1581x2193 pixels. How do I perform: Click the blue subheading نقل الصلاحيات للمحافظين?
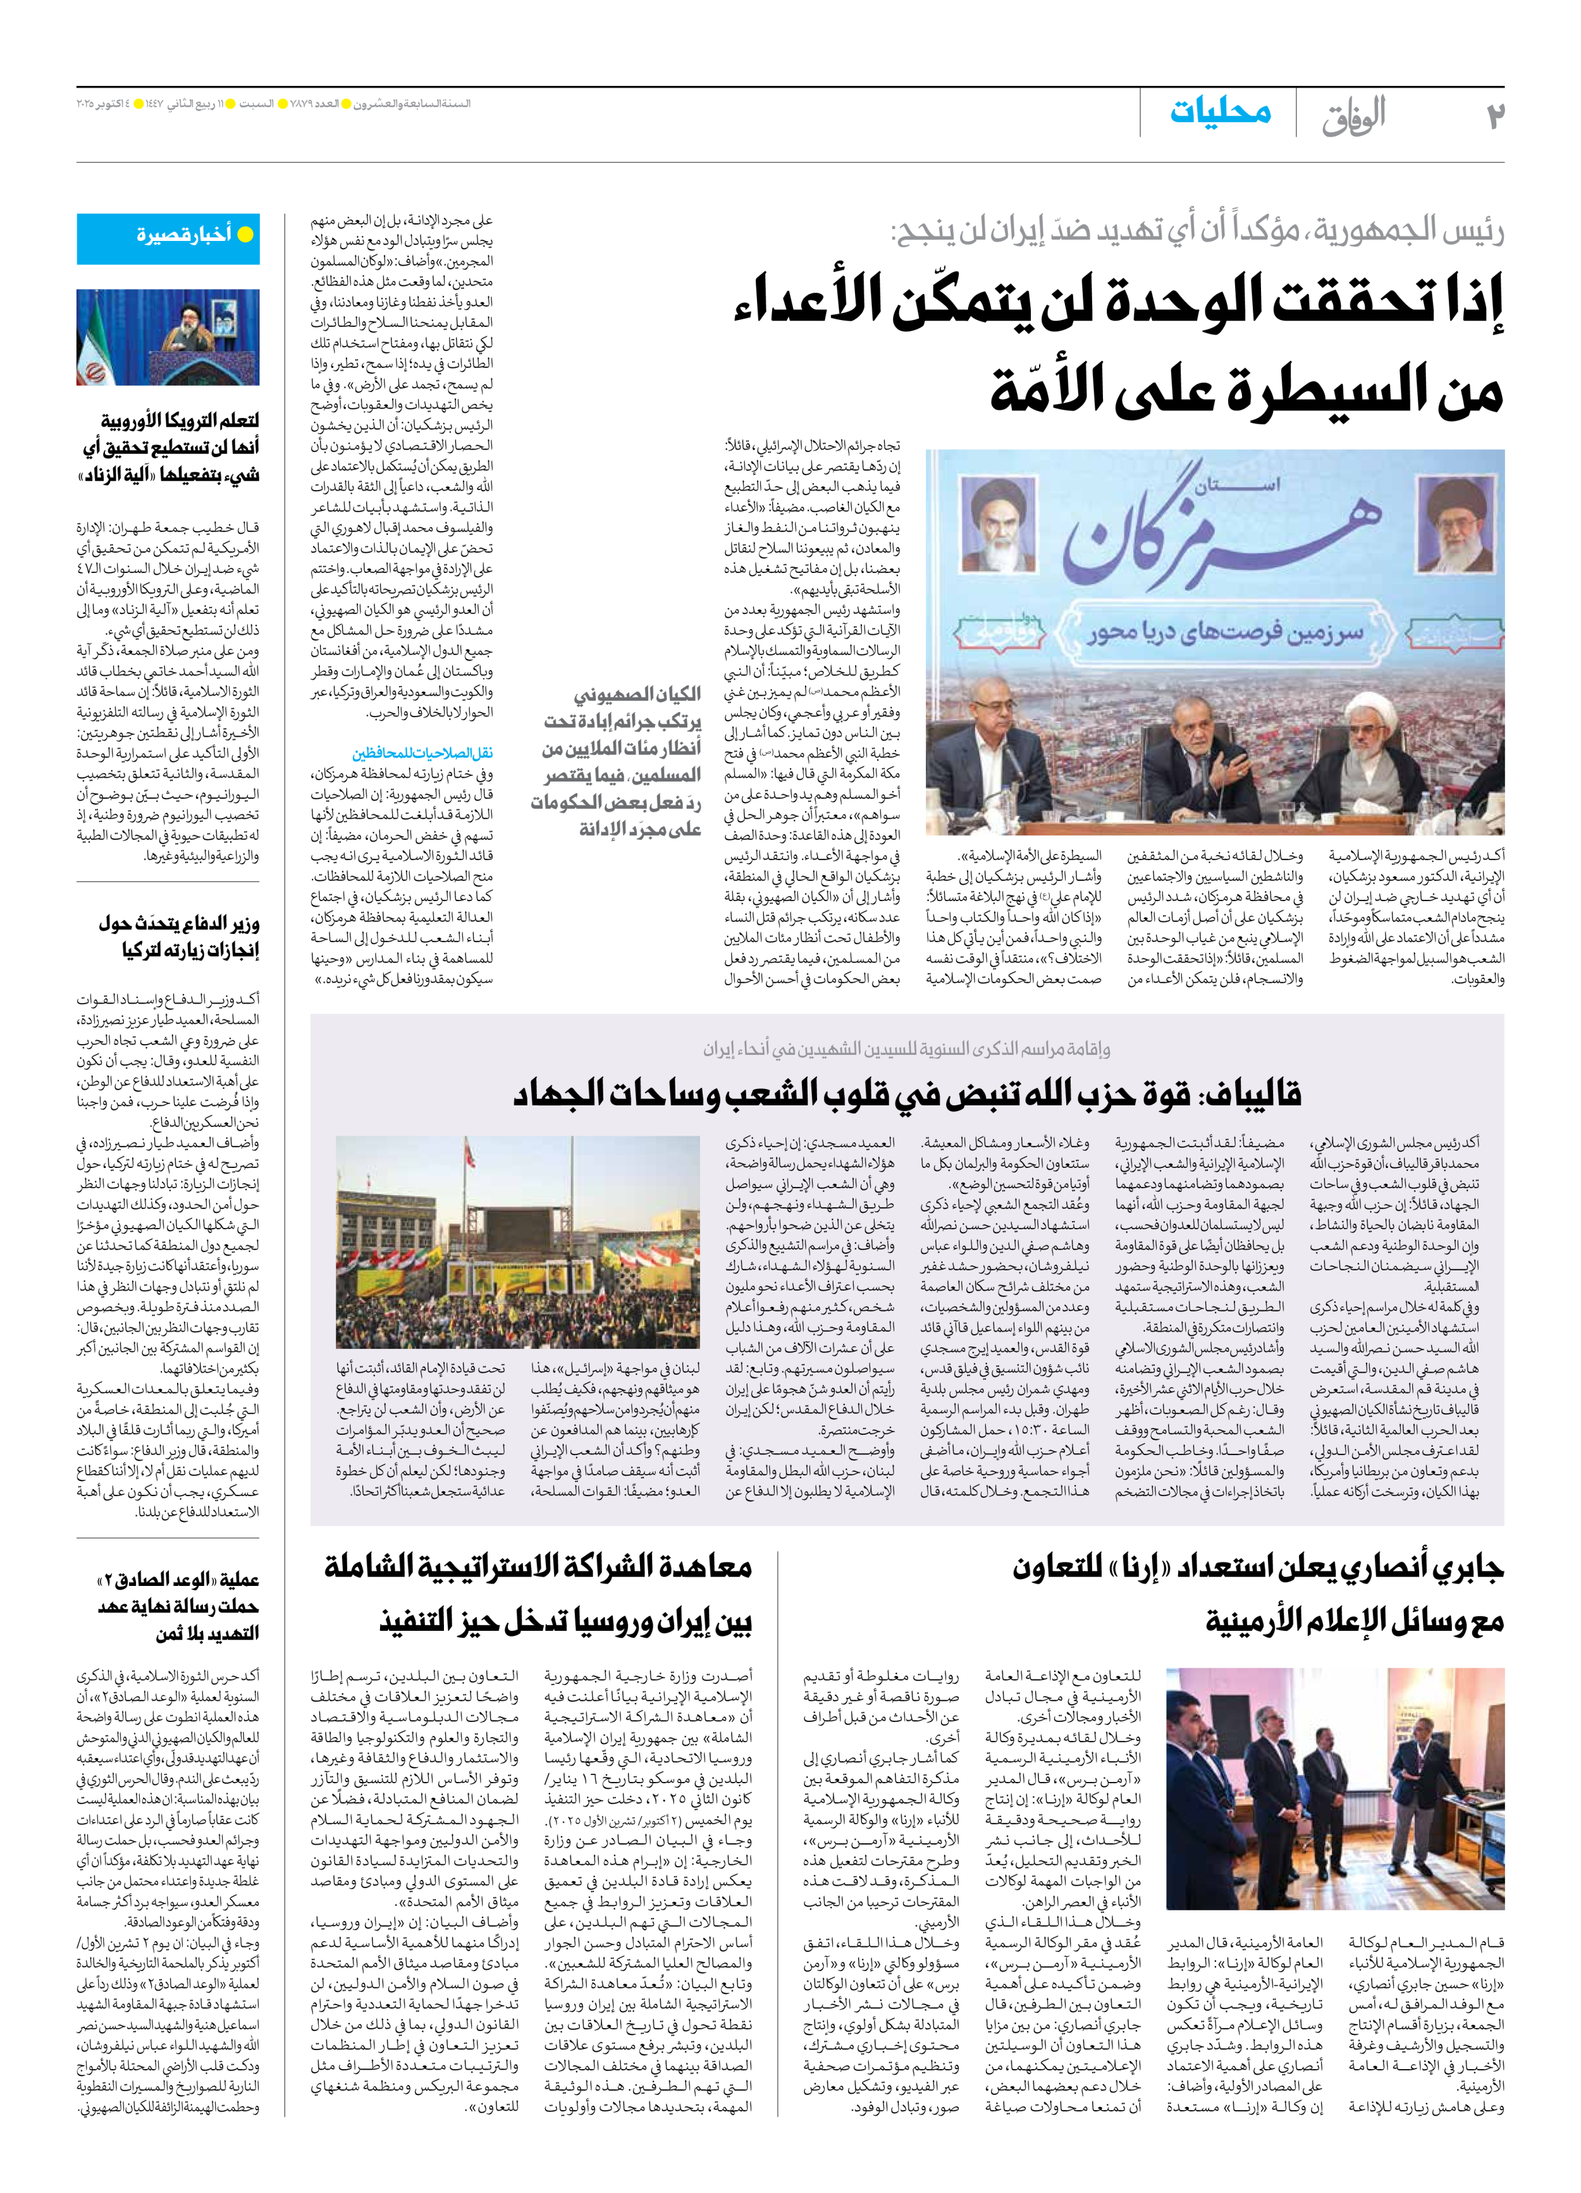pos(422,753)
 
